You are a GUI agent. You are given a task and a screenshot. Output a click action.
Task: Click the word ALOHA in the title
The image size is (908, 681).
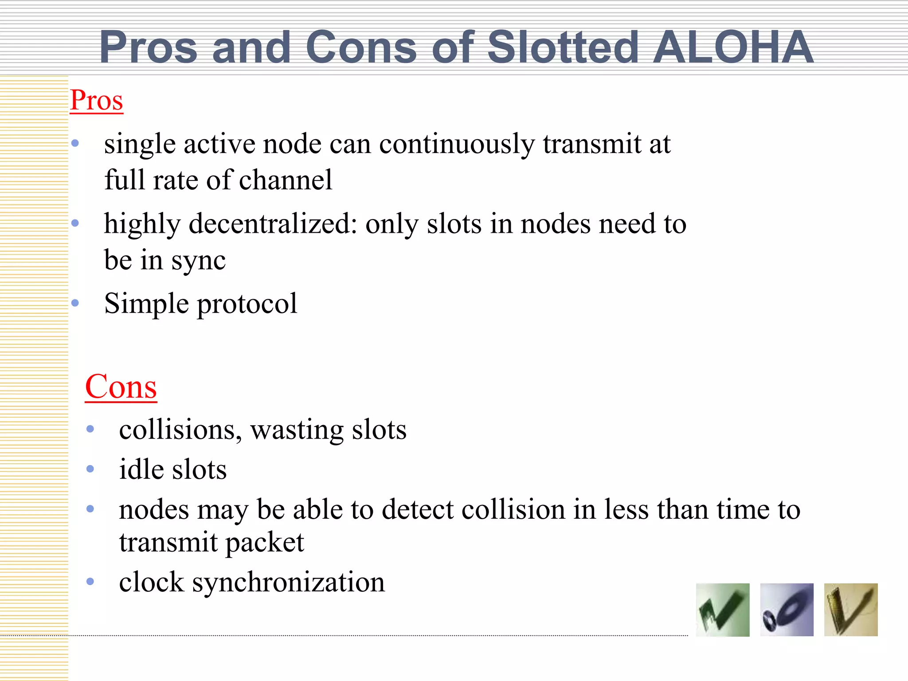click(x=733, y=47)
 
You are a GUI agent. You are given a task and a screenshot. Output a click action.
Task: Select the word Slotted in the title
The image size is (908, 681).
click(x=563, y=47)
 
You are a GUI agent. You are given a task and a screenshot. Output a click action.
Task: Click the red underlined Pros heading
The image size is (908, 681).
click(x=96, y=100)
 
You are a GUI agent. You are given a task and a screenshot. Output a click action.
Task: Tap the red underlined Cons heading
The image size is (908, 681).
click(x=121, y=387)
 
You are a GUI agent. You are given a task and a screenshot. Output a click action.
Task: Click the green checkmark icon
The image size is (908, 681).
click(x=723, y=610)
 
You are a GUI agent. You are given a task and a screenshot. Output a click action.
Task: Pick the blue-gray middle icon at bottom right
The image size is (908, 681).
click(x=787, y=610)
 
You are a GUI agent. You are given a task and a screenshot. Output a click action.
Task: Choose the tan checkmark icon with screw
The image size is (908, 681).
click(x=851, y=610)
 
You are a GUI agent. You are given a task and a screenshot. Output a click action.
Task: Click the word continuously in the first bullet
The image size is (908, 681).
click(x=457, y=145)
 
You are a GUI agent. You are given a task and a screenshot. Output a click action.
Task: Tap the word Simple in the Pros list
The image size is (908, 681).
click(x=146, y=304)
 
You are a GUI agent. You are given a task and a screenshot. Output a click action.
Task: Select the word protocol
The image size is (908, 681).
click(x=247, y=304)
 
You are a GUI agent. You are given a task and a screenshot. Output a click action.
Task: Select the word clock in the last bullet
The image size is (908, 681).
click(x=151, y=582)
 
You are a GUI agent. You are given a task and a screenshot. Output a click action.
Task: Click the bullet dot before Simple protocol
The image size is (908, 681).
click(x=75, y=303)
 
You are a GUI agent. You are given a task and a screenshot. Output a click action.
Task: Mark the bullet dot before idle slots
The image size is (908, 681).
click(x=90, y=469)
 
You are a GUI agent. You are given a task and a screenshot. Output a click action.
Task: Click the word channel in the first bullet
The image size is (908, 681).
click(x=286, y=180)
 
